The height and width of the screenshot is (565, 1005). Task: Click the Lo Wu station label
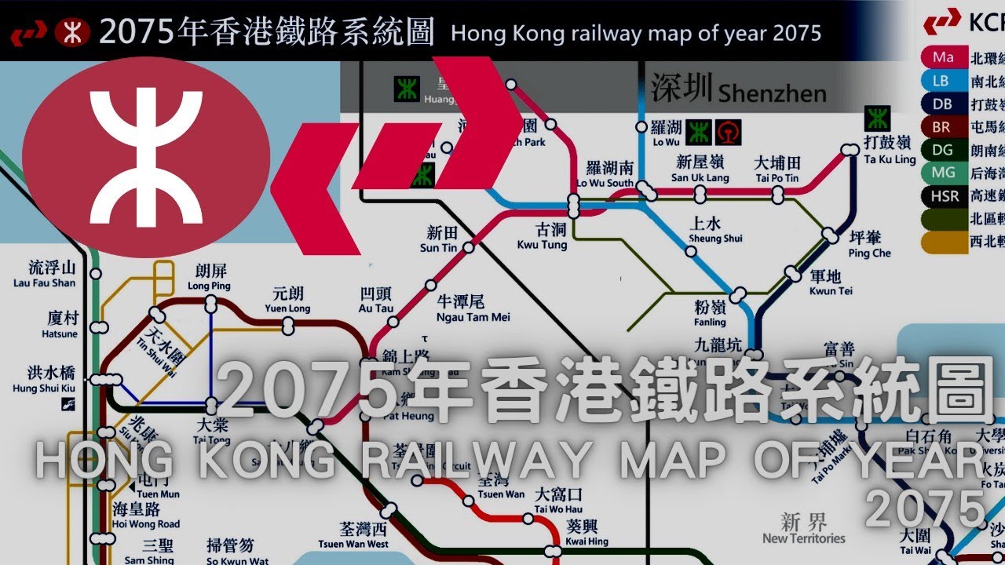[x=666, y=134]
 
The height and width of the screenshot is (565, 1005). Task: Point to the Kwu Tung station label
[x=542, y=237]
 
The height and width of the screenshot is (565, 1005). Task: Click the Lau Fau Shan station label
[x=45, y=275]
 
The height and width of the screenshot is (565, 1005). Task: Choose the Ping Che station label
[x=870, y=245]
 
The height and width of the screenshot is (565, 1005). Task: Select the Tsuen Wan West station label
[x=353, y=536]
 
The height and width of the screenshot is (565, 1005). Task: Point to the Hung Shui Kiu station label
[x=44, y=381]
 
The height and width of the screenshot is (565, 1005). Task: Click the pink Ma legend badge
[x=944, y=58]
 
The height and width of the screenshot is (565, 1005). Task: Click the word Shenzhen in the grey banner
[x=772, y=93]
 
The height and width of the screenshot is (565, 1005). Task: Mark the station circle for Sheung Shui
[x=690, y=252]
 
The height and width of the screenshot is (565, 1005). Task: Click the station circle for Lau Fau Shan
[x=96, y=274]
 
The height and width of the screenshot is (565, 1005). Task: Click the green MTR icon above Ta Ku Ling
[x=876, y=119]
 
